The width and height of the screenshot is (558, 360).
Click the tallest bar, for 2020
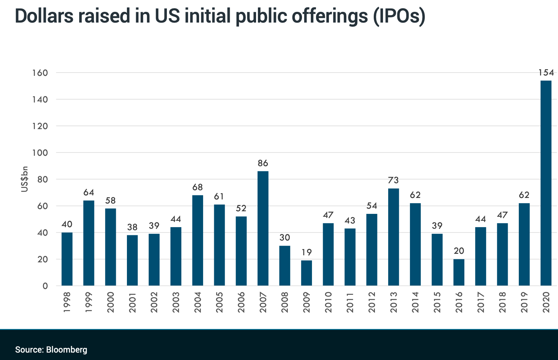[546, 183]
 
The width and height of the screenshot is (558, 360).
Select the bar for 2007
[263, 228]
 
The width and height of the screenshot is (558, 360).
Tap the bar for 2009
[306, 273]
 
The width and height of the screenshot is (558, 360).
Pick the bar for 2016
[459, 272]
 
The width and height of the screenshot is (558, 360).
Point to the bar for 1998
[67, 259]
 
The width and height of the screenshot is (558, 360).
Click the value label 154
[546, 73]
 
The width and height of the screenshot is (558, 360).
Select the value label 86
[263, 163]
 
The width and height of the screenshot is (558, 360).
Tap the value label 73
[393, 180]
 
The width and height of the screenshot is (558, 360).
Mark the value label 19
[306, 252]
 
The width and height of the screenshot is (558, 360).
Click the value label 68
[198, 187]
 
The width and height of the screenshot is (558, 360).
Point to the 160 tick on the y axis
[40, 73]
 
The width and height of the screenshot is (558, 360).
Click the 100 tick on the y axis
[40, 153]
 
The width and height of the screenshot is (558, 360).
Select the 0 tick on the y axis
[45, 286]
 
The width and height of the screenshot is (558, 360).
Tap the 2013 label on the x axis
[394, 302]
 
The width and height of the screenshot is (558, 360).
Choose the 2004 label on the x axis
[198, 302]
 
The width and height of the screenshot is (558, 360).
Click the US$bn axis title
[24, 179]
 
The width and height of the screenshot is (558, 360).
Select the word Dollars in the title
[44, 16]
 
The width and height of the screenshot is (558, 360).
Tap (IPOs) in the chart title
[399, 16]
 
